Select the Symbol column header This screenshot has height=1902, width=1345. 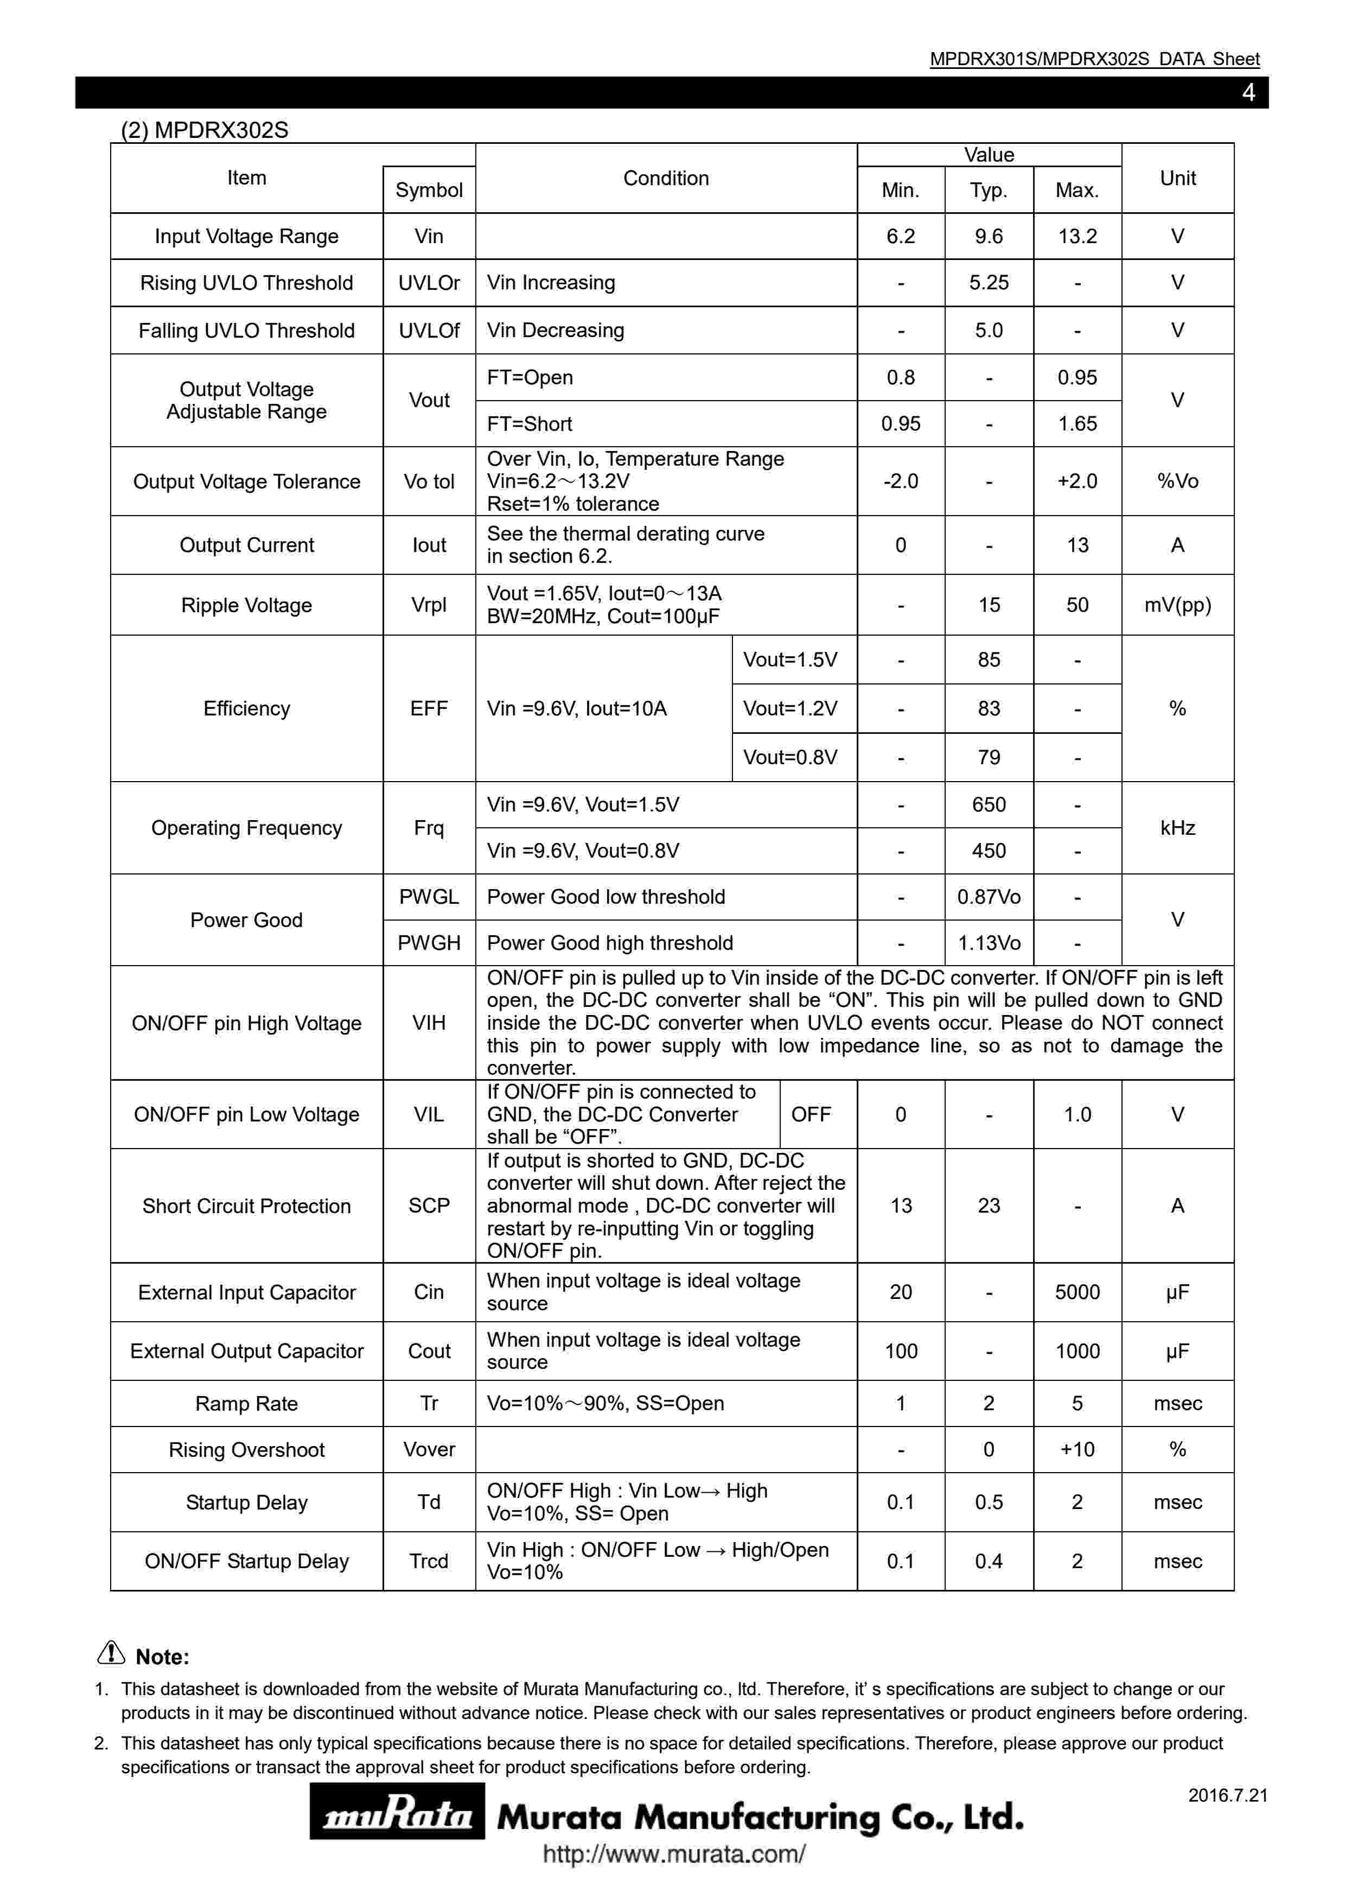coord(429,189)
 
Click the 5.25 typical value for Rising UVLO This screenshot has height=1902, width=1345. coord(989,282)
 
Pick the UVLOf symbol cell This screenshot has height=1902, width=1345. coord(429,331)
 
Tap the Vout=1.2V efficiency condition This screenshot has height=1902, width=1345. coord(790,708)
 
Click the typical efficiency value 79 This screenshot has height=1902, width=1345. coord(989,757)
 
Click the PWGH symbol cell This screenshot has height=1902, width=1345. coord(429,943)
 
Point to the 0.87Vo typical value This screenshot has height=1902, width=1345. coord(989,897)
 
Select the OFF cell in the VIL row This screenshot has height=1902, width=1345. coord(811,1114)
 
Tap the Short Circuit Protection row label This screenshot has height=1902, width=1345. coord(247,1206)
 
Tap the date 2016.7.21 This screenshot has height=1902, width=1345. coord(1227,1795)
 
